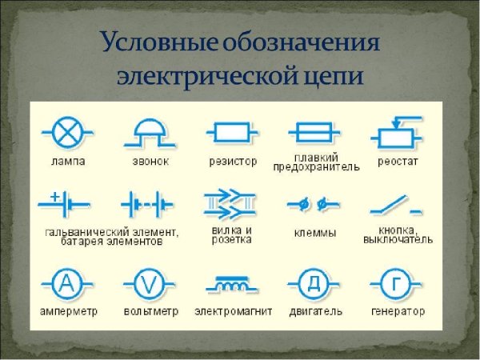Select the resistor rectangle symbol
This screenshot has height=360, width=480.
pos(232,131)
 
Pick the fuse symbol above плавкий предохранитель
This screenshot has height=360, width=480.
pos(315,131)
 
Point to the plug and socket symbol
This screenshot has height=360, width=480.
pos(232,204)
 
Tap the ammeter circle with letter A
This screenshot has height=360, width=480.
pos(66,282)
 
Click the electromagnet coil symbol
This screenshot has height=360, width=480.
pos(233,284)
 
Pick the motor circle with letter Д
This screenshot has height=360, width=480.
pos(315,282)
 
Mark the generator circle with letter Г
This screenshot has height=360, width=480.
pos(398,282)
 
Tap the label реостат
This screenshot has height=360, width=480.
pos(398,161)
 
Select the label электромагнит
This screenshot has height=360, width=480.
pos(234,311)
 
